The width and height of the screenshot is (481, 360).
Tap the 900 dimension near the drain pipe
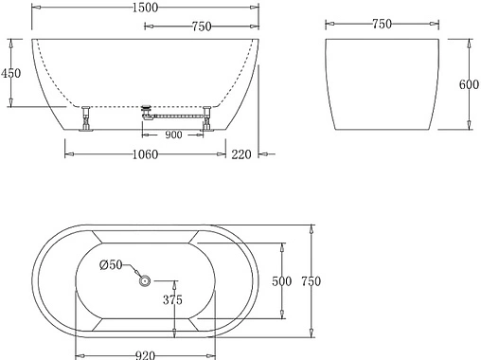click(x=173, y=134)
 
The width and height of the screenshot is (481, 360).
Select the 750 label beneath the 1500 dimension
click(x=200, y=27)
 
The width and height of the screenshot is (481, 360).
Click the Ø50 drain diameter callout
click(x=112, y=265)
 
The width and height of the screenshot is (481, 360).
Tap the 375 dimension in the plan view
click(x=171, y=301)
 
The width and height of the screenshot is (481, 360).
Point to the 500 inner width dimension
click(x=282, y=281)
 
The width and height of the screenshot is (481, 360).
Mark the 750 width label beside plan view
click(x=312, y=281)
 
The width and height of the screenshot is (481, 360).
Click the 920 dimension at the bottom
click(x=145, y=354)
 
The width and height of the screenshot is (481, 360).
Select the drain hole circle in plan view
click(x=145, y=280)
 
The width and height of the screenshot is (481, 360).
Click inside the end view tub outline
click(x=383, y=83)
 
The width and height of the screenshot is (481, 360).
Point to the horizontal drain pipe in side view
click(x=175, y=117)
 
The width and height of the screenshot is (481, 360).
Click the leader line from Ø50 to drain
click(x=133, y=271)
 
